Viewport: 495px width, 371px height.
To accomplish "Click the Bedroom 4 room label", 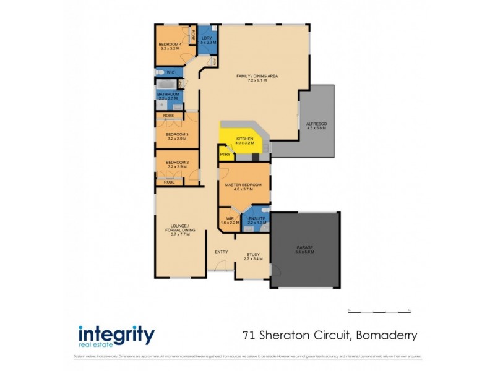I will tap(170, 45).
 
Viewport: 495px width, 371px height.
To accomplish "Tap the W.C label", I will tap(169, 73).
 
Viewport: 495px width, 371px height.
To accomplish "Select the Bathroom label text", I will tap(168, 95).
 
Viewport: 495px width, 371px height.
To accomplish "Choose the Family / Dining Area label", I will tap(257, 76).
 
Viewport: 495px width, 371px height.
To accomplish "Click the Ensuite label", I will tap(257, 218).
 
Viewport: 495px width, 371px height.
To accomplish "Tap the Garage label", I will tap(305, 248).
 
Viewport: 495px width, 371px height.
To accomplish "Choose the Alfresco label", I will tap(316, 124).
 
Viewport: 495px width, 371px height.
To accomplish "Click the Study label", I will tap(253, 254).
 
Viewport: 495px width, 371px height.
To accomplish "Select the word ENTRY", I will tap(221, 252).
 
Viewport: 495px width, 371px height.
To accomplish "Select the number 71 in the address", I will tap(249, 336).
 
